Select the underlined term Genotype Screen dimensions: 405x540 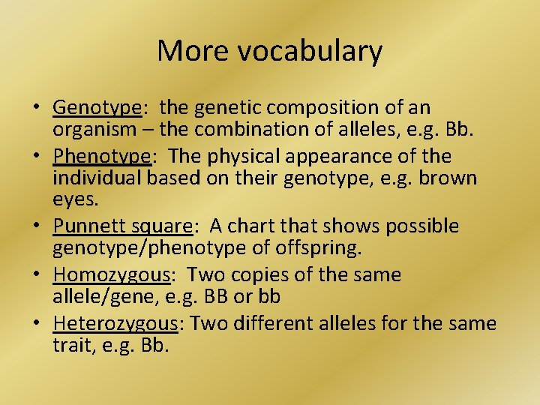(97, 109)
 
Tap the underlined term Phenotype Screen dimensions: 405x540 (100, 157)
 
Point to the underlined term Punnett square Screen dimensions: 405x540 (122, 226)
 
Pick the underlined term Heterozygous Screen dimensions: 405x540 (115, 324)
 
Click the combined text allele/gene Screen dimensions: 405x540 (100, 295)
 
